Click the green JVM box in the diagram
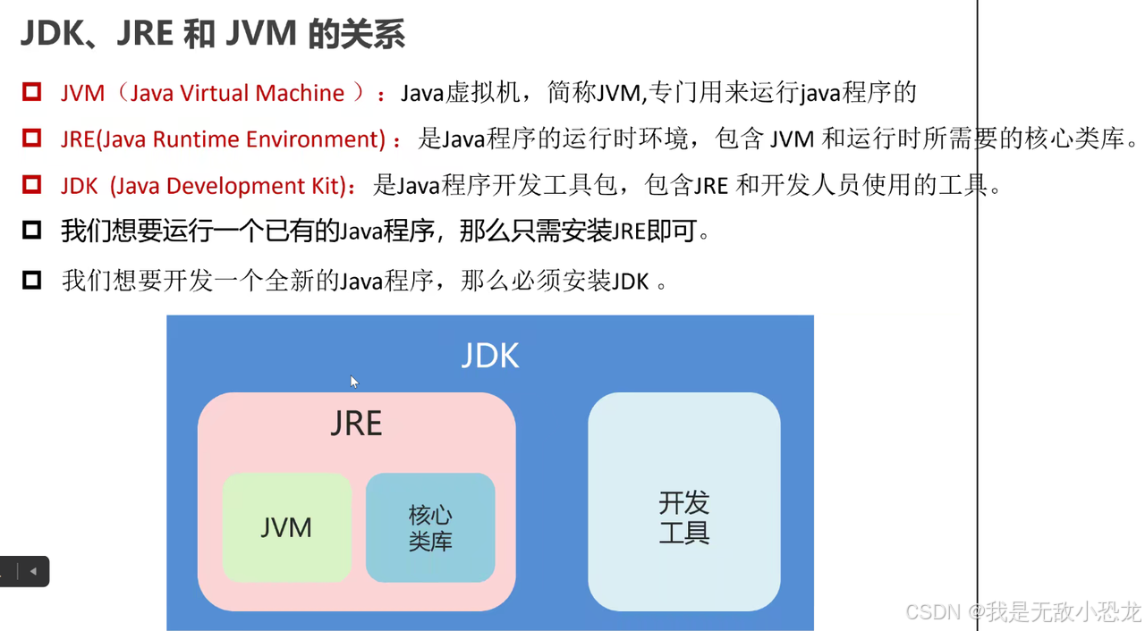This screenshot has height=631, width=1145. (286, 527)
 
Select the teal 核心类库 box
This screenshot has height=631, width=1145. (430, 527)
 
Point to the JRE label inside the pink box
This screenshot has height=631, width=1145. (356, 424)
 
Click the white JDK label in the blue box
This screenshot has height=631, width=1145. (489, 356)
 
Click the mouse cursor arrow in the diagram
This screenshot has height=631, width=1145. (353, 382)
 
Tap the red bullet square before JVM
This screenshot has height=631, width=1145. (32, 92)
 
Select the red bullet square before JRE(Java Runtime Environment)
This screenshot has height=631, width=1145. (32, 139)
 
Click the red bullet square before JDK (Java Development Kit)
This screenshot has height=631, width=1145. (32, 185)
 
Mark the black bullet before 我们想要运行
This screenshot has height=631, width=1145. (32, 231)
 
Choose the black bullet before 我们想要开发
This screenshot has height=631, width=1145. (32, 281)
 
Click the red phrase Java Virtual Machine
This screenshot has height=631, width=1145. (237, 93)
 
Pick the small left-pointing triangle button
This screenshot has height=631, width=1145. (33, 571)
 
